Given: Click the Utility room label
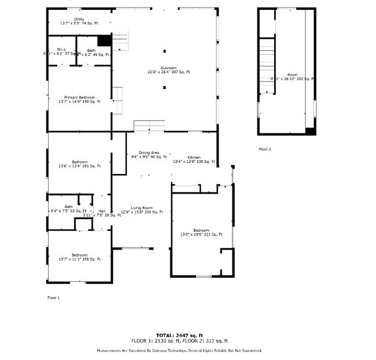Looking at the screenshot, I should (79, 21).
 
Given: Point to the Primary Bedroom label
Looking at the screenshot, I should (79, 99).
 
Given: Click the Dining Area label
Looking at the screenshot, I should (149, 154).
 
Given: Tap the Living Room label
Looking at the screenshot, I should (141, 210).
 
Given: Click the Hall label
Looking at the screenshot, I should (102, 211).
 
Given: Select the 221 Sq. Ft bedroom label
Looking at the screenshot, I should (201, 232).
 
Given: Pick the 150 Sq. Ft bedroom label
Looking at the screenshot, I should (79, 257).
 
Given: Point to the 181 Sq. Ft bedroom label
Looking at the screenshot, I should (79, 164).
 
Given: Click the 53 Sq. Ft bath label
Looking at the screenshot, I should (69, 209).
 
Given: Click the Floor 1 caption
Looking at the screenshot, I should (53, 298).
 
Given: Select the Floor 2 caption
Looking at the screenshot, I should (264, 149).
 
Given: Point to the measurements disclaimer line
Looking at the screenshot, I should (179, 351).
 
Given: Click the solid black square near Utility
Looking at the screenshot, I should (104, 40).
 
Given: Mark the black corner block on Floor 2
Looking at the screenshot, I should (311, 131).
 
